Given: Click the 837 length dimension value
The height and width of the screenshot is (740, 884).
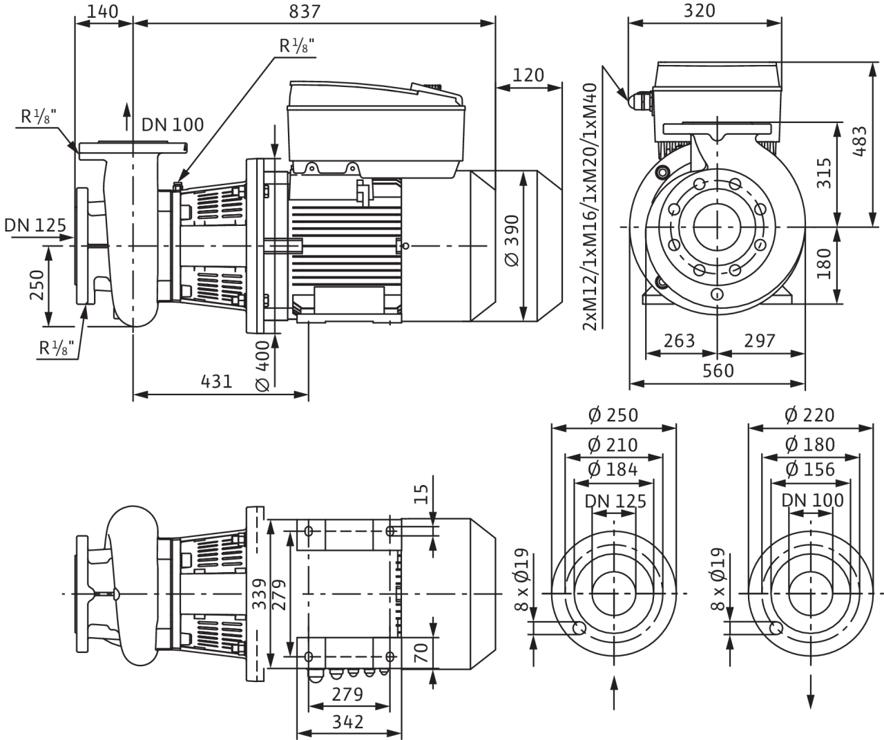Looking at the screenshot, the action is [305, 12].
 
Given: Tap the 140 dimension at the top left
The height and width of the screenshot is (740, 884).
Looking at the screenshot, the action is [102, 12].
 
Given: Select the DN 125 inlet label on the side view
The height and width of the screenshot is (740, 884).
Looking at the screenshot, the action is [35, 225].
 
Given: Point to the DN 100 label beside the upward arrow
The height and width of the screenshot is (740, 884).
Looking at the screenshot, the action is [173, 125].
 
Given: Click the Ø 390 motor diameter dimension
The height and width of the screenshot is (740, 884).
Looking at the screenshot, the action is [512, 240].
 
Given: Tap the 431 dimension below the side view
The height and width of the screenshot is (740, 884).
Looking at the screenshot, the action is [216, 381].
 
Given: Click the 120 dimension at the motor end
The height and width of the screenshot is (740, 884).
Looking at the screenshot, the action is [528, 75].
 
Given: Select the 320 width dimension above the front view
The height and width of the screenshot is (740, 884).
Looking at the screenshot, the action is [700, 10].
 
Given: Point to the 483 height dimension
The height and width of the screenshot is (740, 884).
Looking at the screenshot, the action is [861, 142].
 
